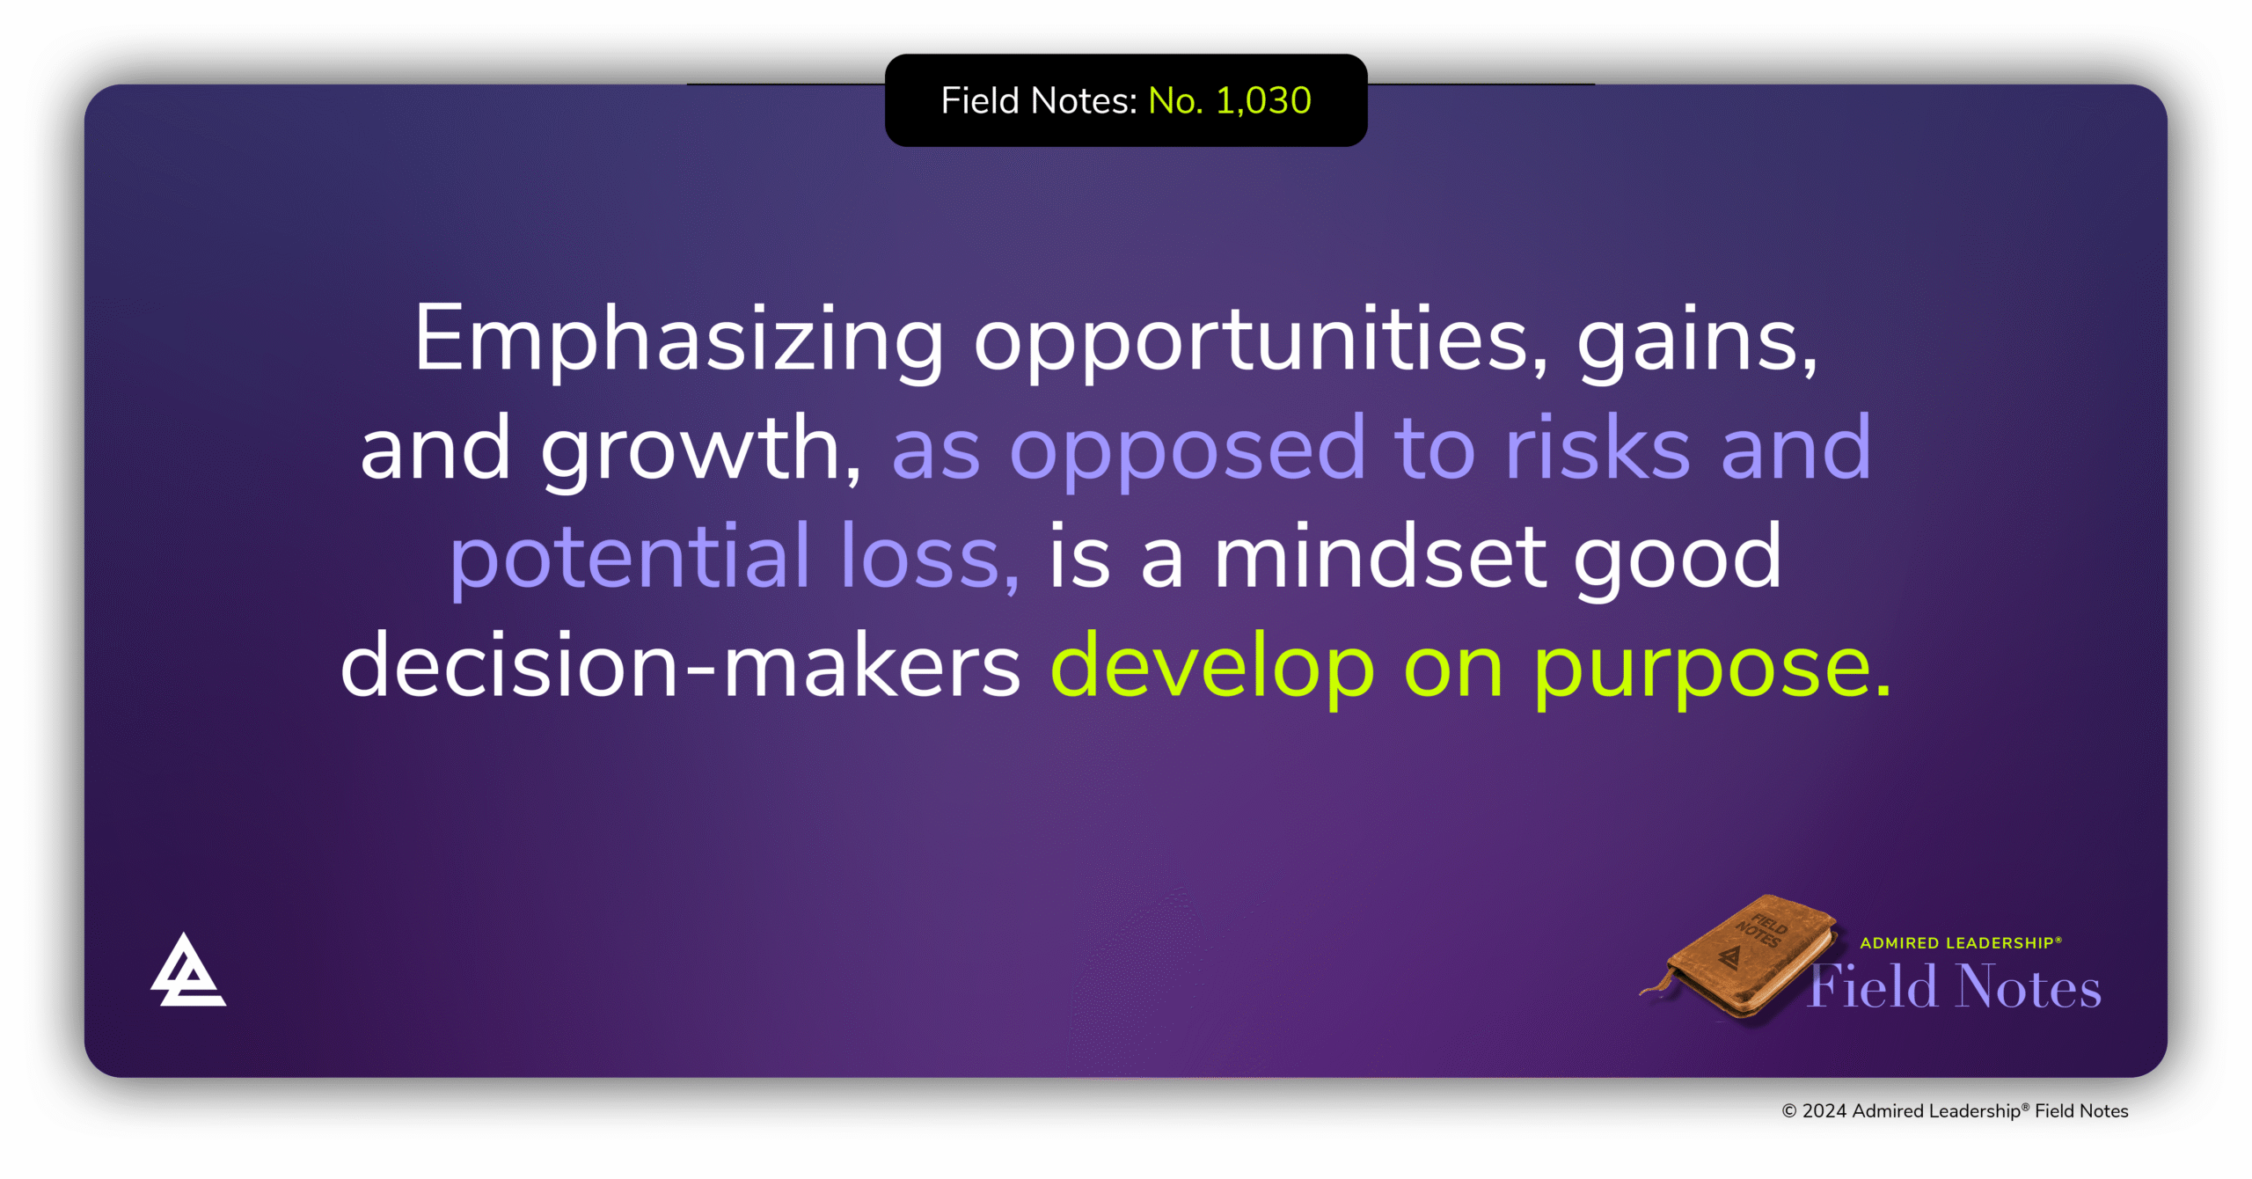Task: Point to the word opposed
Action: click(x=1187, y=450)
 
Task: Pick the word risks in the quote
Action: click(x=1597, y=448)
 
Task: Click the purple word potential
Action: click(x=630, y=557)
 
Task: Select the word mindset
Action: click(x=1379, y=557)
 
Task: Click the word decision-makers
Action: click(x=680, y=666)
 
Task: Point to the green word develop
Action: click(x=1212, y=666)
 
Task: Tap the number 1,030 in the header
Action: click(x=1263, y=101)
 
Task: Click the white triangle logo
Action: click(x=187, y=970)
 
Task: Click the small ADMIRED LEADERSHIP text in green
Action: click(x=1960, y=943)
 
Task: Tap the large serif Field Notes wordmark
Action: click(x=1955, y=987)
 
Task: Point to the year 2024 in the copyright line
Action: click(x=1824, y=1111)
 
